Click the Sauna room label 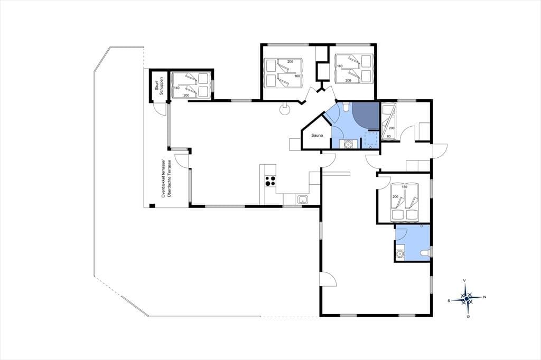tap(317, 136)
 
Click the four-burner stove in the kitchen tap(270, 181)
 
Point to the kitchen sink tap(303, 200)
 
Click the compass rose tap(467, 299)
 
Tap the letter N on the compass tap(485, 297)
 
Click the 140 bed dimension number tap(176, 88)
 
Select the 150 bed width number tap(404, 187)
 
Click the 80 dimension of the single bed tap(389, 136)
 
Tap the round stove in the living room tap(285, 110)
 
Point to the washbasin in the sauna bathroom tap(346, 144)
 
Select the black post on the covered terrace tap(152, 206)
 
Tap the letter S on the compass tap(449, 301)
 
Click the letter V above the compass tap(465, 281)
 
